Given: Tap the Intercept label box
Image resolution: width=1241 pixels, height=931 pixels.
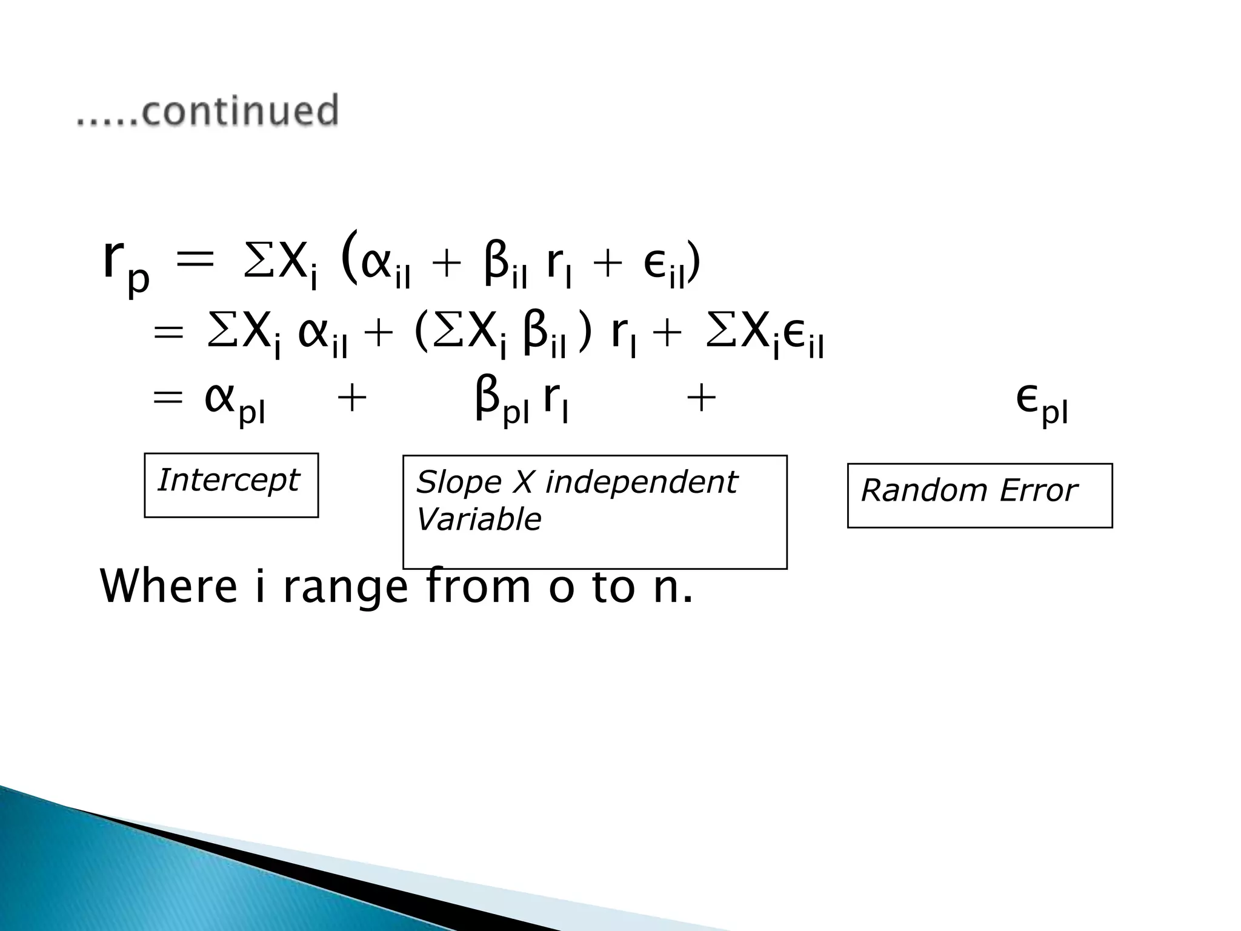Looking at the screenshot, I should point(231,484).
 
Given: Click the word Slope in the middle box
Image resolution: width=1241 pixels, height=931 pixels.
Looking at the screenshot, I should point(458,482).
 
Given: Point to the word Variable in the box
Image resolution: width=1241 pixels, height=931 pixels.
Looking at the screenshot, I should point(479,519).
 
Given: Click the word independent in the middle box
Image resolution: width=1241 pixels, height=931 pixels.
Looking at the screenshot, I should point(640,482).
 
